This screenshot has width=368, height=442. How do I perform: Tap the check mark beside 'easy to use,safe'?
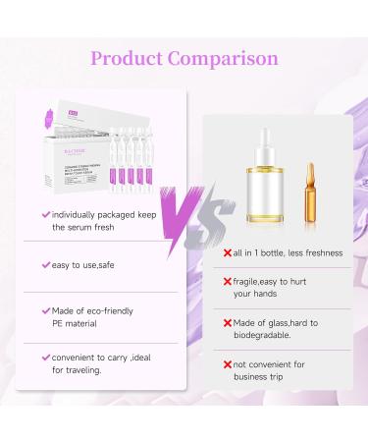pos(45,264)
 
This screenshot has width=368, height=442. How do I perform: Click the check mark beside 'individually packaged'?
pos(45,213)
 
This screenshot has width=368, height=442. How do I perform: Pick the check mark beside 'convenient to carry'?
pos(45,356)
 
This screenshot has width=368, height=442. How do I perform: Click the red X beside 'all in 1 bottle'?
pos(229,253)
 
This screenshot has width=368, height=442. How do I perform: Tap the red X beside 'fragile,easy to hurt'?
pos(229,282)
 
